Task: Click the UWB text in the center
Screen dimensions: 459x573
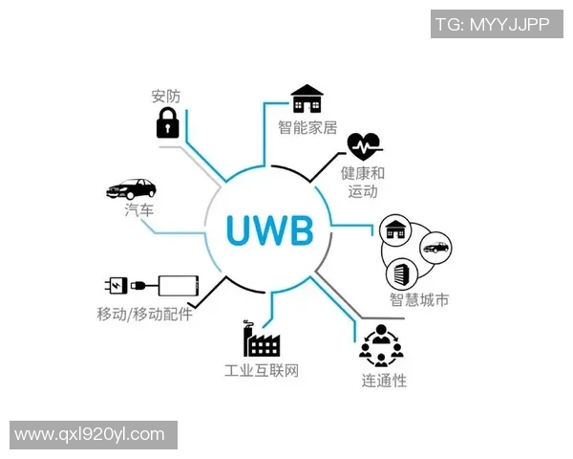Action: (x=270, y=230)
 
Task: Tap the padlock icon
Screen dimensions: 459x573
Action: (x=168, y=123)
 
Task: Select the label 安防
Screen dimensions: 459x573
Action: (x=166, y=96)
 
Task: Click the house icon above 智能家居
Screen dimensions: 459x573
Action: (x=308, y=98)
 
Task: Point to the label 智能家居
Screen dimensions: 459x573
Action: (x=308, y=126)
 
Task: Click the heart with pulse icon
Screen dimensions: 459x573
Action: (x=364, y=146)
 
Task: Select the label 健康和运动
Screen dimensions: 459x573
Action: (x=363, y=182)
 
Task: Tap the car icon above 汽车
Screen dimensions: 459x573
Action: (x=131, y=188)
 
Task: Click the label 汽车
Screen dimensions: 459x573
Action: (x=139, y=210)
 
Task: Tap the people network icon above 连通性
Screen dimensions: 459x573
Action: (x=381, y=345)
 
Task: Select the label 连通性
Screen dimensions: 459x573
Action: (x=384, y=381)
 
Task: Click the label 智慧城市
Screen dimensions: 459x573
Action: (x=419, y=299)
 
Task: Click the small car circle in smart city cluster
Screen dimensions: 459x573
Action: (x=435, y=248)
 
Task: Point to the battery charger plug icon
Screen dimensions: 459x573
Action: (x=127, y=285)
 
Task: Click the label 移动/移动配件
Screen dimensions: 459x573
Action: (x=144, y=314)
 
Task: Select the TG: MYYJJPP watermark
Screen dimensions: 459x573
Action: (x=492, y=25)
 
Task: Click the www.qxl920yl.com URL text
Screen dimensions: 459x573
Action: (x=90, y=434)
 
